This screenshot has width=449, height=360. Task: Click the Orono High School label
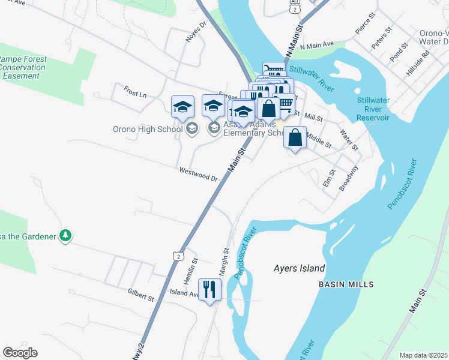pos(147,129)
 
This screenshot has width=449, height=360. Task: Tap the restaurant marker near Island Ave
pos(209,290)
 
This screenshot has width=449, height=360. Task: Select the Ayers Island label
pos(299,268)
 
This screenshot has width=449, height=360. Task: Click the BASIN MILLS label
pos(346,284)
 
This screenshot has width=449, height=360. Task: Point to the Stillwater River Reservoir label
pos(381,109)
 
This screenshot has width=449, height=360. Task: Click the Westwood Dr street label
pos(198,174)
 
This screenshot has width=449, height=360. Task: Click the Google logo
pos(20,353)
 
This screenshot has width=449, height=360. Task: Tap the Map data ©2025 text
pos(423,355)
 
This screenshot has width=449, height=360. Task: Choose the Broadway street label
pos(348,178)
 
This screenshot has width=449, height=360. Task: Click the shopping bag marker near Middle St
pos(295,137)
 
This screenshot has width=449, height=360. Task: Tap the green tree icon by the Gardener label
pos(65,236)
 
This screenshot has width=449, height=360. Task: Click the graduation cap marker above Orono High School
pos(182,107)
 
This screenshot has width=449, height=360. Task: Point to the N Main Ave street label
pos(317,45)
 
